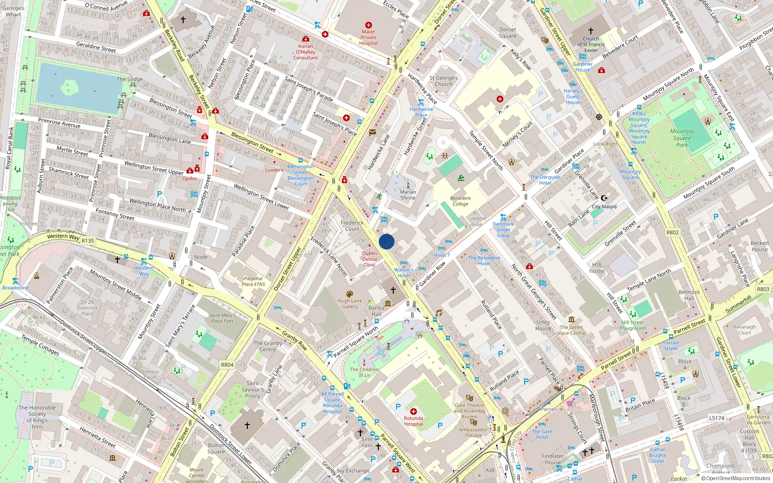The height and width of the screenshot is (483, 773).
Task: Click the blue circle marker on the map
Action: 386,241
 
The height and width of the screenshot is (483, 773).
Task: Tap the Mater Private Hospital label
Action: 368,37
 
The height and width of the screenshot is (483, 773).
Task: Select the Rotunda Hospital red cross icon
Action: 413,412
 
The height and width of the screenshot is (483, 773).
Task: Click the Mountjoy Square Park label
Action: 682,138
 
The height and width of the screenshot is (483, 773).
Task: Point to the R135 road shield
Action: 87,241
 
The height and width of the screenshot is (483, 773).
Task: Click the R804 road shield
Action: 227,365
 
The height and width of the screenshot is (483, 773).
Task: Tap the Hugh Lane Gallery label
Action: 349,303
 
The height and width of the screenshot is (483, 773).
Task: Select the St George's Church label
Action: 444,81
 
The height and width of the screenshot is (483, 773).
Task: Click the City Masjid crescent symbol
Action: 604,197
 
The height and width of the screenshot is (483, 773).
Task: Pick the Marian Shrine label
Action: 408,195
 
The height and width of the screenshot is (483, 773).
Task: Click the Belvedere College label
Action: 460,201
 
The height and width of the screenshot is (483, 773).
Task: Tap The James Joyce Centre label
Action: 571,330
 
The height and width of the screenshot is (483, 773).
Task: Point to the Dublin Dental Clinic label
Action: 370,259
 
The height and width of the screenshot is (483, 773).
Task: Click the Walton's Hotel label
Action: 403,272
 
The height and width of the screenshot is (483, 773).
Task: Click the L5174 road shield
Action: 717,418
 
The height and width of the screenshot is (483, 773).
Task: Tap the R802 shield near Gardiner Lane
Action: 673,232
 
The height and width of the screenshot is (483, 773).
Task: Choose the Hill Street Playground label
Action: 632,325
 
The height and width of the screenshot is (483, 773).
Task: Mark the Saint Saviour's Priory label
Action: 253,389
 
